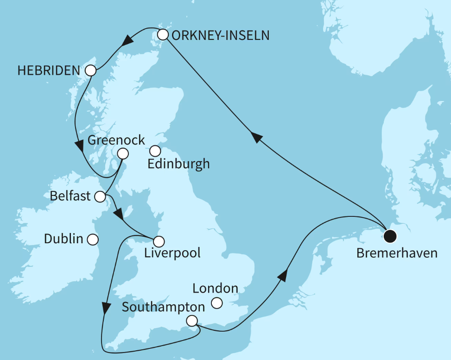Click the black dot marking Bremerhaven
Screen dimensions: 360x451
tap(390, 236)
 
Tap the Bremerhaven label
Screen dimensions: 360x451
tap(397, 253)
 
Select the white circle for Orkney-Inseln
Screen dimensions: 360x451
tap(163, 35)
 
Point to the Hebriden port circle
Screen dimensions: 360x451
tap(90, 71)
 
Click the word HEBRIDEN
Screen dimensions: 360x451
tap(49, 71)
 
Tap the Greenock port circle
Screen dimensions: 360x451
tap(123, 153)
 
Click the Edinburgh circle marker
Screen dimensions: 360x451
tap(155, 151)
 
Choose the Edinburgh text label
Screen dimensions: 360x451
tap(178, 164)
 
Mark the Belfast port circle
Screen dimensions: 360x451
tap(100, 197)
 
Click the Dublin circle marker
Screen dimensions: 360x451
tap(93, 240)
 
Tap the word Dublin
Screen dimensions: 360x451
tap(64, 240)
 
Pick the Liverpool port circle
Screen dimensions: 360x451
tap(159, 241)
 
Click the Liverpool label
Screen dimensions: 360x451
tap(172, 253)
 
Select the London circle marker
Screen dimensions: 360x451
tap(216, 303)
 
